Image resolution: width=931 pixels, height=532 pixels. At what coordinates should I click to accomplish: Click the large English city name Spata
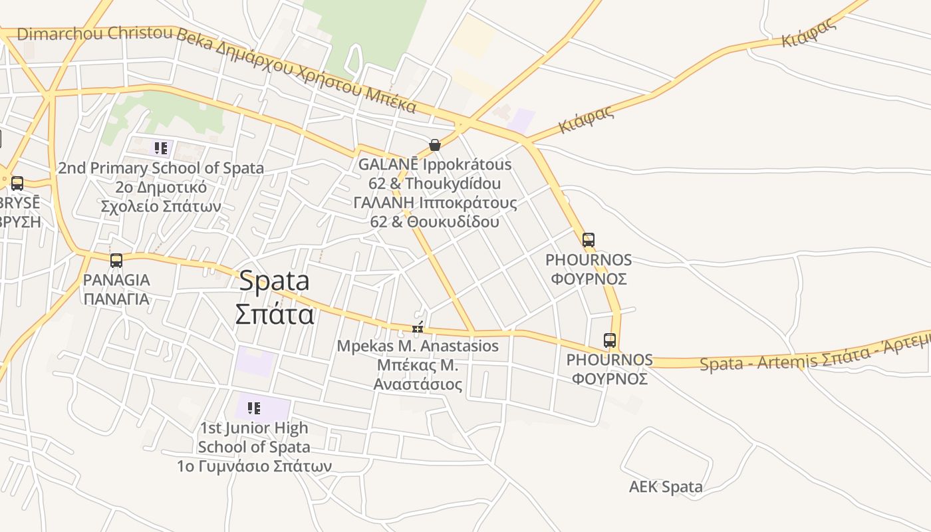274,281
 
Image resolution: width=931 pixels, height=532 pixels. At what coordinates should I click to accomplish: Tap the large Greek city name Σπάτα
274,313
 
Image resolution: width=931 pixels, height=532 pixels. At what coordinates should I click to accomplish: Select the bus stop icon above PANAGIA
116,260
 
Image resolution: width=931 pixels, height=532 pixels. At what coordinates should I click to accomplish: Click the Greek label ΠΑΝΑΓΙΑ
116,299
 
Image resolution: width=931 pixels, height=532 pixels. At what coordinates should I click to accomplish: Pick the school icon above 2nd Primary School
160,148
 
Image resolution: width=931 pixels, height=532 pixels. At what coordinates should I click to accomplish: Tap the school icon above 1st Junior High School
253,408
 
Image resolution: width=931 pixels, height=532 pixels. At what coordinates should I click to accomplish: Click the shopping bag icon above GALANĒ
435,144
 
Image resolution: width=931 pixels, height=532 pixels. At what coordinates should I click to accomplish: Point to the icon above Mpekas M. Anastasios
418,327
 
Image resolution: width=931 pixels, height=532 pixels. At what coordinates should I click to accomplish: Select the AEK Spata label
666,487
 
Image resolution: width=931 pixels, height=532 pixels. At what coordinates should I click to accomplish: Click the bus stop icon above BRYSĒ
17,183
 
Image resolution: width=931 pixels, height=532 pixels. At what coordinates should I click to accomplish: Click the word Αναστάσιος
418,384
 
